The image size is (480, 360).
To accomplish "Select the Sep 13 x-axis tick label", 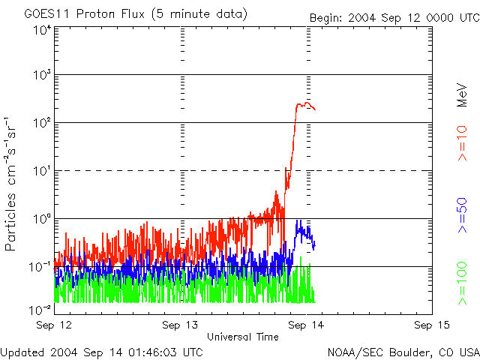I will (181, 325).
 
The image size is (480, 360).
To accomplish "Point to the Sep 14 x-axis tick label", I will (306, 325).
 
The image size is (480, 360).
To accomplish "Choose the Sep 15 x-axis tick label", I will (429, 325).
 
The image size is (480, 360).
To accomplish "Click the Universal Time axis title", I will (243, 337).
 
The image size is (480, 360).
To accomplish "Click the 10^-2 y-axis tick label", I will (40, 310).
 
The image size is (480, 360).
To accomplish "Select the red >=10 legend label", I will (463, 142).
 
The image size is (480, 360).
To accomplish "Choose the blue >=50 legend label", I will (463, 216).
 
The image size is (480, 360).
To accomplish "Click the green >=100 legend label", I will (463, 283).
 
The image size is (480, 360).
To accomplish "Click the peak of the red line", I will (301, 103).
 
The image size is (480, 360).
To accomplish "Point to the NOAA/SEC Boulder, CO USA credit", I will (403, 352).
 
